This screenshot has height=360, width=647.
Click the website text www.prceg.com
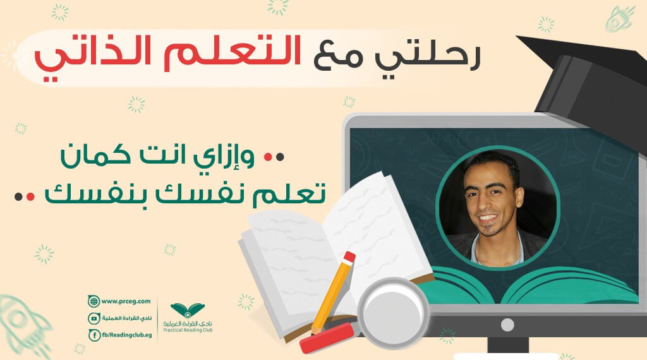126,301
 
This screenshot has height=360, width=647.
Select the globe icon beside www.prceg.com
94,301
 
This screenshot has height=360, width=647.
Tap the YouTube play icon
94,318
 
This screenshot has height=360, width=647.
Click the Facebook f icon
95,335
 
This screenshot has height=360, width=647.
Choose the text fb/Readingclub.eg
127,335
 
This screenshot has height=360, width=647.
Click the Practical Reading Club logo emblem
188,311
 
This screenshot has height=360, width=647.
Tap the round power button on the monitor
507,325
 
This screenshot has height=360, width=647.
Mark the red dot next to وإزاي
268,157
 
